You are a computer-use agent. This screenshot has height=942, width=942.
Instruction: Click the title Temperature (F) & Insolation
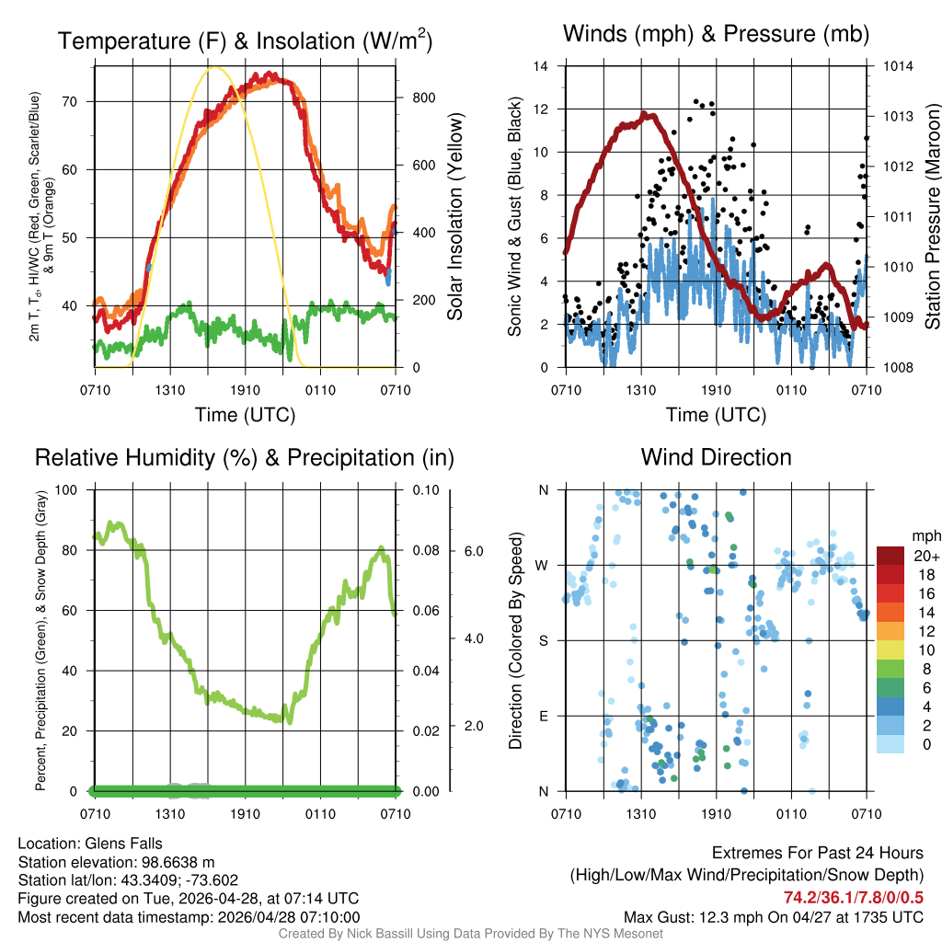[245, 40]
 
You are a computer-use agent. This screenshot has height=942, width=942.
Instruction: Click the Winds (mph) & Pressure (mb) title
[716, 34]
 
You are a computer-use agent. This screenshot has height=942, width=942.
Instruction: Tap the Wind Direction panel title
[716, 457]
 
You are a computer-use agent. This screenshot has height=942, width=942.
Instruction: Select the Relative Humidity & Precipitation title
[245, 457]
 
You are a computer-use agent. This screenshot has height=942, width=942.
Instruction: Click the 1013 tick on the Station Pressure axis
[898, 117]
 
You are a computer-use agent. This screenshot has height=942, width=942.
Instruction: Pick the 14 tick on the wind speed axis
[542, 66]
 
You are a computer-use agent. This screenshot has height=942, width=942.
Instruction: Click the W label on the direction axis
[543, 565]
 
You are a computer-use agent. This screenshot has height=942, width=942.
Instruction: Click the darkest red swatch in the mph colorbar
[890, 556]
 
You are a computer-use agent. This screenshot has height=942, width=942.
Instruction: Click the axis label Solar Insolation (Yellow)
[454, 216]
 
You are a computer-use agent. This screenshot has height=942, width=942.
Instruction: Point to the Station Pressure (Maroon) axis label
[931, 216]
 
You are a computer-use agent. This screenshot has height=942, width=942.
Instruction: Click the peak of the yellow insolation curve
[215, 67]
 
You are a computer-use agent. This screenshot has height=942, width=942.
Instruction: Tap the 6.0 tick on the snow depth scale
[472, 550]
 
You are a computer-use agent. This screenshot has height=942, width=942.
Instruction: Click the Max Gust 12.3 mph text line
[773, 916]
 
